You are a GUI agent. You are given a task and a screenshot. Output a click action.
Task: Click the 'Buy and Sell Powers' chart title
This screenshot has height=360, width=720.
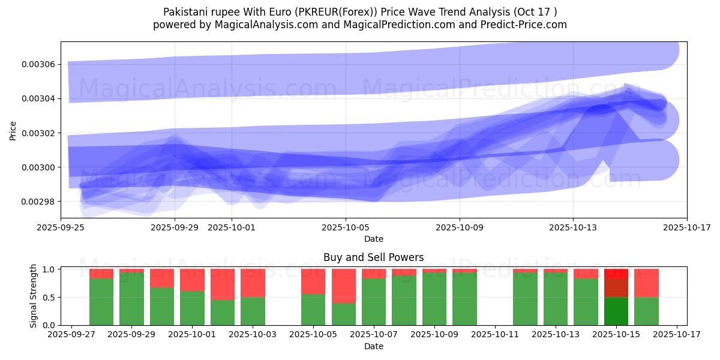(x=373, y=257)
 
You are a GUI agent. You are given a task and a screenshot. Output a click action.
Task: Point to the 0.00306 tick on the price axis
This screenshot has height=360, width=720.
(x=39, y=64)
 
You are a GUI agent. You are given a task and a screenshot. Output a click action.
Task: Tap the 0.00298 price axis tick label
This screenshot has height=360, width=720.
(x=39, y=202)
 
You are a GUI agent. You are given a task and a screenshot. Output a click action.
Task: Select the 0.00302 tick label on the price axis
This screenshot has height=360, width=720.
(x=39, y=133)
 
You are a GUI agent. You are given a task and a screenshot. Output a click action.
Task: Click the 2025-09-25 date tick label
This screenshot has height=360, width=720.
(x=61, y=227)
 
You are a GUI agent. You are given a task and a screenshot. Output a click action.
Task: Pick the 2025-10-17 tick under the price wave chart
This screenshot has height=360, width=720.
(x=686, y=227)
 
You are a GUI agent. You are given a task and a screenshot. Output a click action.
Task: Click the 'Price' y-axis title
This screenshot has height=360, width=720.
(x=13, y=130)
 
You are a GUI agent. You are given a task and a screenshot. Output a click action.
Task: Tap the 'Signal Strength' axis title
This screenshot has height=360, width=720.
(x=34, y=296)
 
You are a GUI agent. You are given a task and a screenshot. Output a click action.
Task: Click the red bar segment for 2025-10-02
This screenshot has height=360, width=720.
(x=223, y=284)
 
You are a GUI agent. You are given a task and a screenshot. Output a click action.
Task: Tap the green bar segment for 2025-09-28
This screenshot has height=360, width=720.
(x=101, y=302)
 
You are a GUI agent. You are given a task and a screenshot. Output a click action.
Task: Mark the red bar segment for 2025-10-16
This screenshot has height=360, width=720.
(x=646, y=283)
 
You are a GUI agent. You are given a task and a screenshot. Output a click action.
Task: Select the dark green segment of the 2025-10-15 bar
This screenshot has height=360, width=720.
(x=616, y=311)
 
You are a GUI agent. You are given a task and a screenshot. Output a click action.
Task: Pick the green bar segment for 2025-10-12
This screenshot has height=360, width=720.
(x=525, y=299)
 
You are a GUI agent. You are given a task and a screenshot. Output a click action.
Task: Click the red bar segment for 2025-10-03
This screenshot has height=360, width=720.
(x=253, y=283)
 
